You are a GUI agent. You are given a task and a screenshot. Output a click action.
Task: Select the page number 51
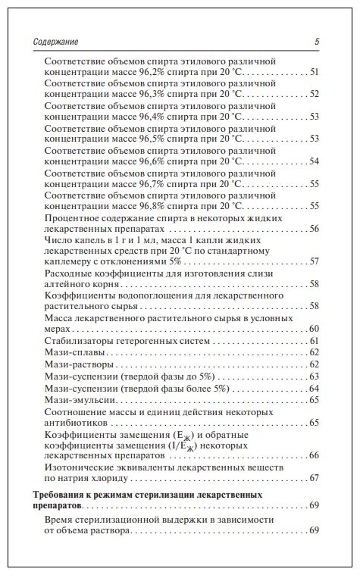(313, 72)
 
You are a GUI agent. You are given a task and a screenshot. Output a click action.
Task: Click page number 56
(313, 228)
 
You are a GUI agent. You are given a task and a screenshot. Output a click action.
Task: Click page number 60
(313, 329)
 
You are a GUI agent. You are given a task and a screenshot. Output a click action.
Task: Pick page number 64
(313, 388)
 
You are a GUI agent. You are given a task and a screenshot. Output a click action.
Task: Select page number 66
(313, 455)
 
